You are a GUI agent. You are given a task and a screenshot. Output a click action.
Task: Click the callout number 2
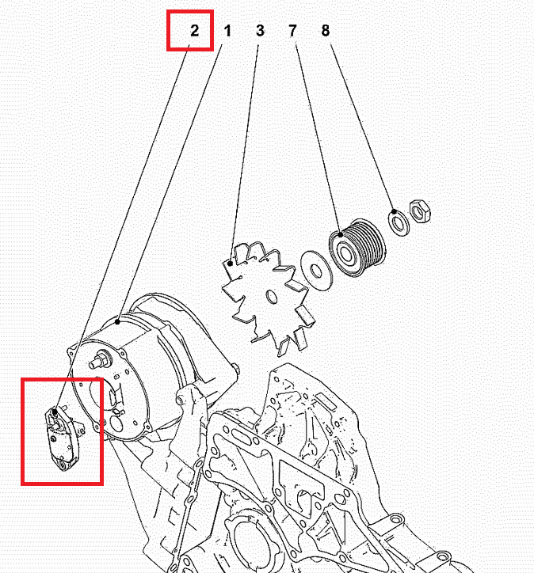[195, 30]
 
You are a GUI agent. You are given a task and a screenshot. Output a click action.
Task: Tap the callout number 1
[227, 31]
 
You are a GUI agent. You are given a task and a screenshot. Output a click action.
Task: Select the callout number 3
[260, 31]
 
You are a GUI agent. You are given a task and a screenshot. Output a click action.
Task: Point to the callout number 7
[292, 31]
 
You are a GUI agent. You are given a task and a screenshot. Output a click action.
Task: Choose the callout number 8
[326, 31]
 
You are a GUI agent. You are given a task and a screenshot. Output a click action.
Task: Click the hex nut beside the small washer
[420, 211]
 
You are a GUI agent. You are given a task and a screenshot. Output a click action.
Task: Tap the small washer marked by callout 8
[399, 222]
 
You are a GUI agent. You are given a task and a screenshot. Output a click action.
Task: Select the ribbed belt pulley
[357, 248]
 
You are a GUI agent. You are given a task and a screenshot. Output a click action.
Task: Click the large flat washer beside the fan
[317, 271]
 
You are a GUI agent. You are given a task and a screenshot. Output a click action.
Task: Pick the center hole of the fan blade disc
[272, 297]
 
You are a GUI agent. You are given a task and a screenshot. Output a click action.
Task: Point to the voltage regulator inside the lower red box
[63, 438]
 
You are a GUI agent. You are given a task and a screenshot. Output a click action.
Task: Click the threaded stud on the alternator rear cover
[100, 359]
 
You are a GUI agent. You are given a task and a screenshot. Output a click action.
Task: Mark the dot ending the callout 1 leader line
[117, 321]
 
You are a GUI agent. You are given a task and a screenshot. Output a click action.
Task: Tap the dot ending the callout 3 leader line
[230, 263]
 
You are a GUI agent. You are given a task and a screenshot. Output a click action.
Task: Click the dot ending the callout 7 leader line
[341, 234]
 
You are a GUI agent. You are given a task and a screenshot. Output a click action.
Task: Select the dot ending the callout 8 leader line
[394, 211]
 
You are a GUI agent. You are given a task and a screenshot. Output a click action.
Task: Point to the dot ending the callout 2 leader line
[55, 412]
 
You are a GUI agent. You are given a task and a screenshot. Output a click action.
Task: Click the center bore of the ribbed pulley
[345, 253]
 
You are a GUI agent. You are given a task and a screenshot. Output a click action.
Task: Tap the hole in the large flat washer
[315, 271]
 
